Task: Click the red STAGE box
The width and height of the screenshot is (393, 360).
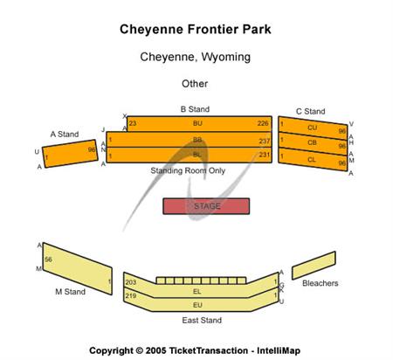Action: tap(206, 206)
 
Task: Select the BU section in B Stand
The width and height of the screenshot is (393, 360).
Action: tap(197, 124)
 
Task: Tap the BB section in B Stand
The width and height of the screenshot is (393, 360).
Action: tap(197, 140)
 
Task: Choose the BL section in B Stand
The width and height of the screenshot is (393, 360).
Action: tap(197, 155)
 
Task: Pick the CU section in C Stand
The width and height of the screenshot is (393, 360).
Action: tap(312, 128)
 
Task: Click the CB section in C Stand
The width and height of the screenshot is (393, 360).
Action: tap(312, 142)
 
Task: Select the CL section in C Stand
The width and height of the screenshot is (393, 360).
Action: tap(312, 159)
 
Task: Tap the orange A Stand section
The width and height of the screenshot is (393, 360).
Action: tap(70, 155)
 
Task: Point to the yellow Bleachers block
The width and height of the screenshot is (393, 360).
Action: tap(314, 270)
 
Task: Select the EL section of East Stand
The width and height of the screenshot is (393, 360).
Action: tap(197, 290)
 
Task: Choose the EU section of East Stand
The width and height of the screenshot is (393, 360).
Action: tap(197, 304)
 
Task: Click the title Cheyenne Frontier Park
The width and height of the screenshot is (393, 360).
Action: tap(195, 29)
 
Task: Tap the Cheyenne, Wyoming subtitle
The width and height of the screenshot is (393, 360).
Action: tap(195, 57)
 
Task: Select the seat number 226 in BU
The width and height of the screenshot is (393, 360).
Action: tap(263, 124)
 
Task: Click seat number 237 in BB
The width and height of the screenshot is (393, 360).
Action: tap(264, 140)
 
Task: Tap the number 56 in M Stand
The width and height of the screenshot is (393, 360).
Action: tap(49, 260)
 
